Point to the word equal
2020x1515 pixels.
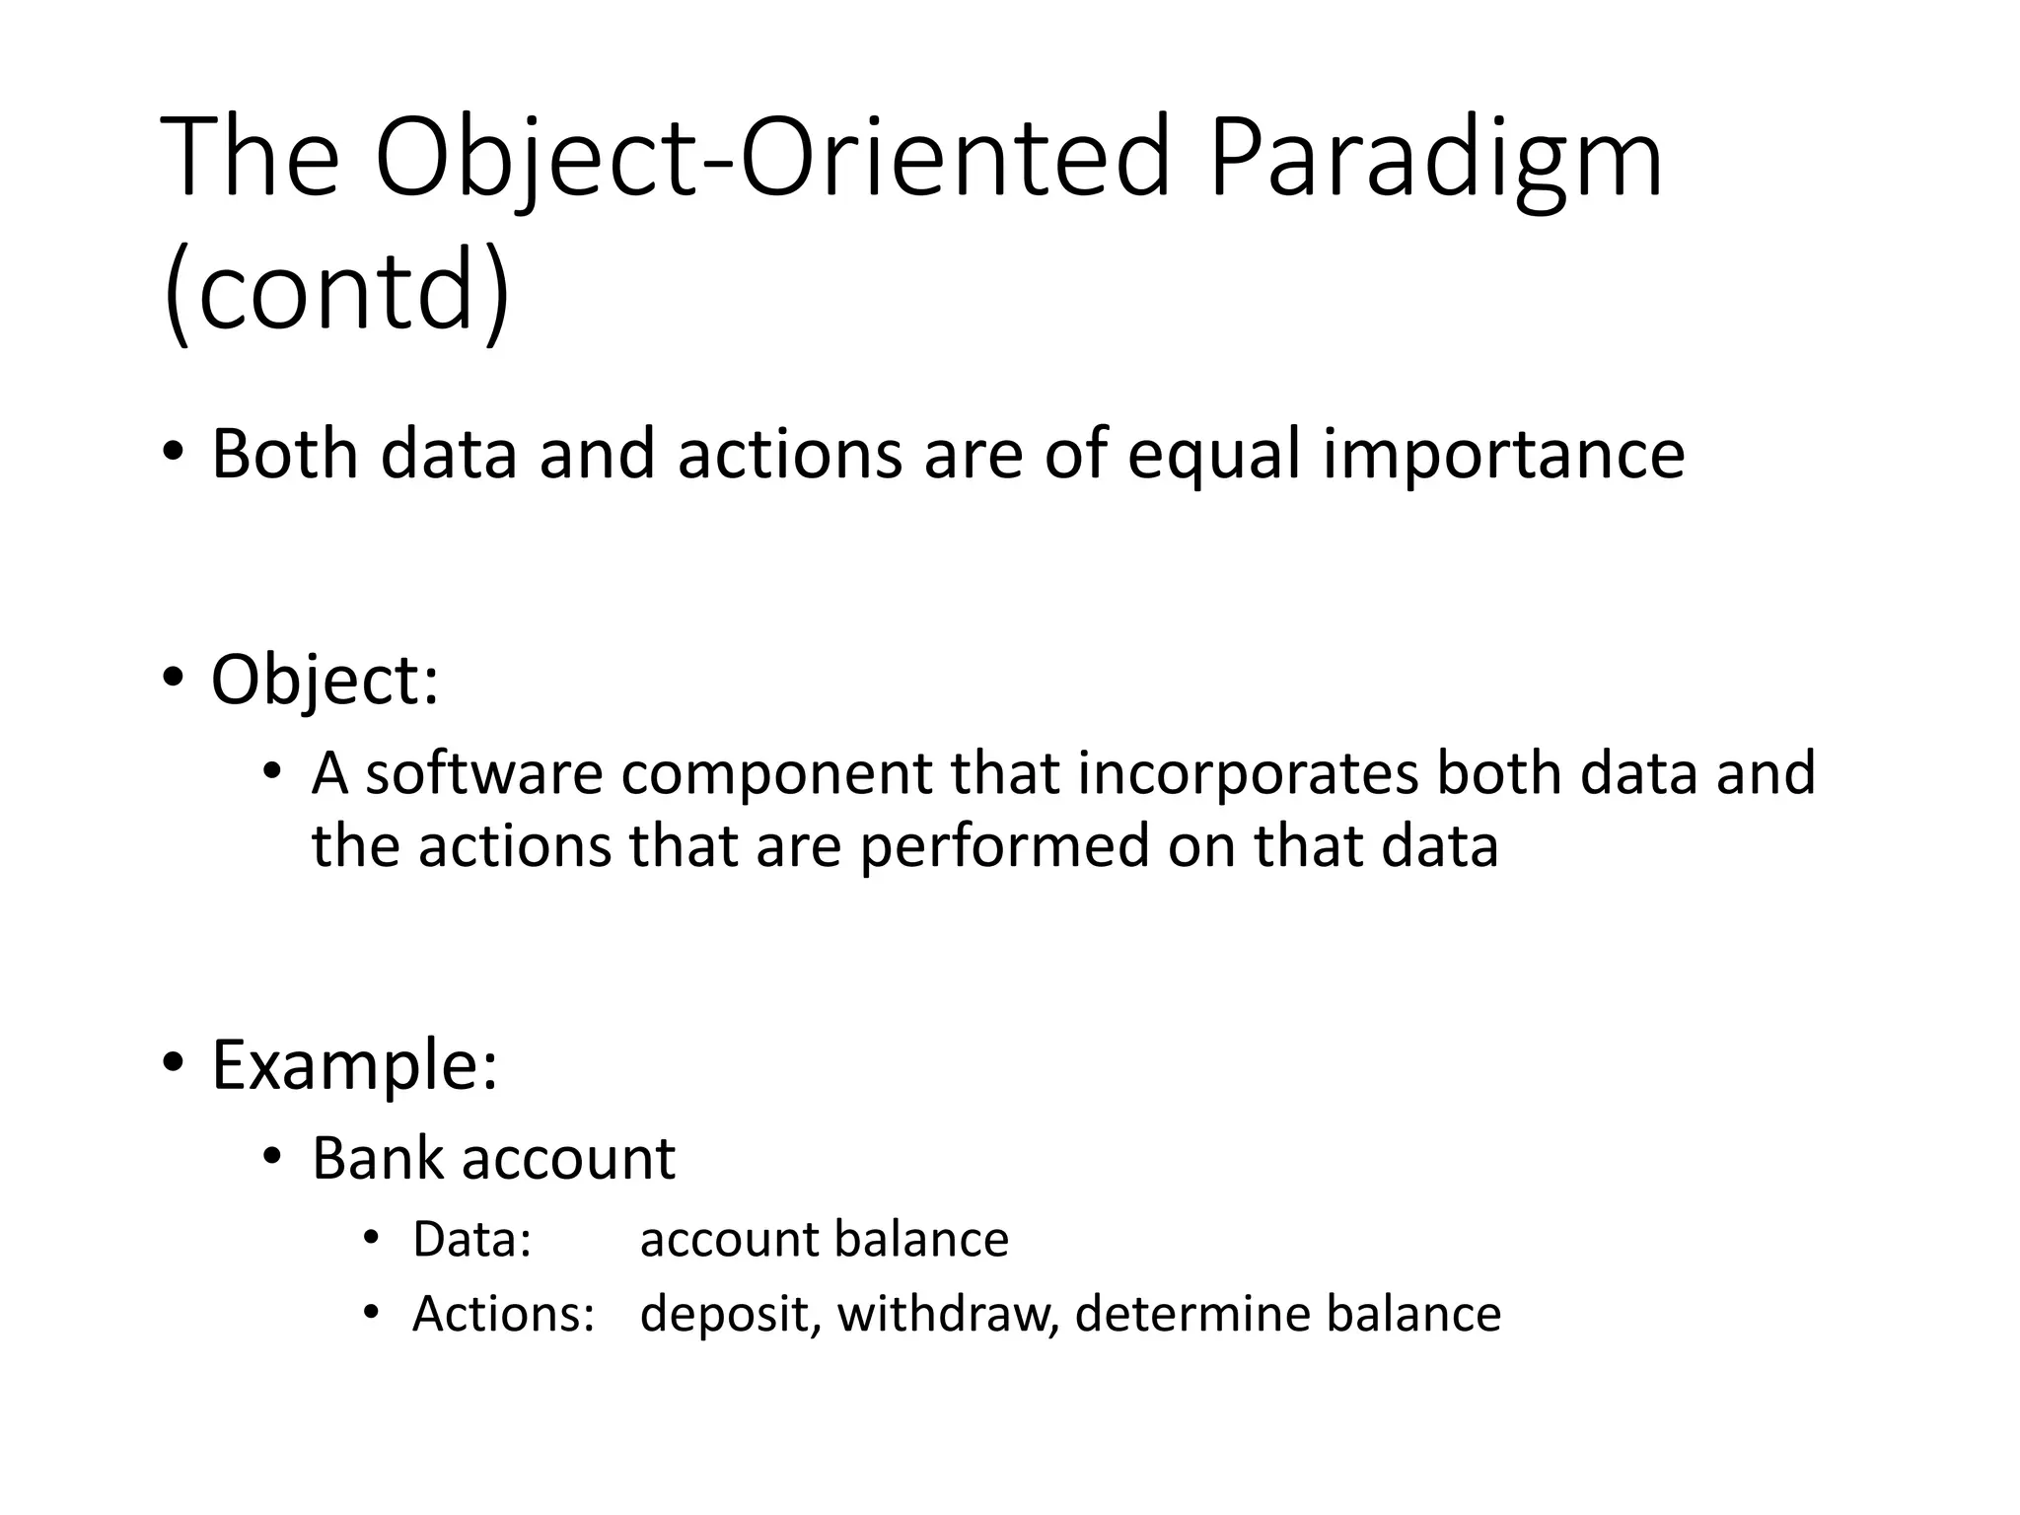point(1213,457)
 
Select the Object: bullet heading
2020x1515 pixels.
point(325,681)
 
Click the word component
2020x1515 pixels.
point(775,774)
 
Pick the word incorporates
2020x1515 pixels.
point(1247,774)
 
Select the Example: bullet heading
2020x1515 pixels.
point(354,1066)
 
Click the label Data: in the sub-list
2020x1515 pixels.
point(471,1240)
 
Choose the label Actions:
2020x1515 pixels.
point(503,1315)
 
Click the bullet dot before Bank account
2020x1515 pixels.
point(272,1157)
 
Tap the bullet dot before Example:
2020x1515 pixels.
point(173,1063)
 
